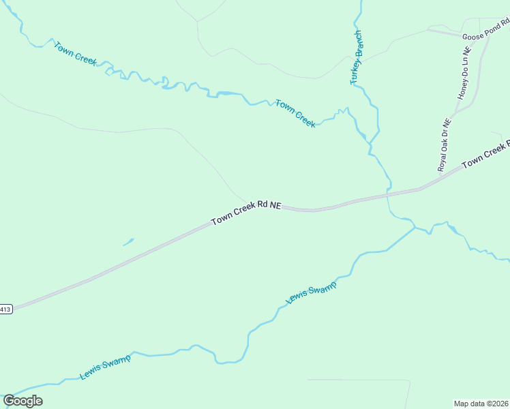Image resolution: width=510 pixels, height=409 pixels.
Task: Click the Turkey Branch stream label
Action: pyautogui.click(x=356, y=57)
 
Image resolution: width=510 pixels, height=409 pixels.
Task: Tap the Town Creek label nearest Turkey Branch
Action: pyautogui.click(x=295, y=113)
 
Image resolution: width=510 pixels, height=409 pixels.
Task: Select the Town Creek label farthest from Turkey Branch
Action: pyautogui.click(x=76, y=54)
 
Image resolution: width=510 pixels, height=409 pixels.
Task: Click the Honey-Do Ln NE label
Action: pyautogui.click(x=465, y=73)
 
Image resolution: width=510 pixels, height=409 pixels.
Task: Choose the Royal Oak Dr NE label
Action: pyautogui.click(x=445, y=145)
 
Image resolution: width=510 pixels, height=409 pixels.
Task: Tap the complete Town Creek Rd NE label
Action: pyautogui.click(x=245, y=213)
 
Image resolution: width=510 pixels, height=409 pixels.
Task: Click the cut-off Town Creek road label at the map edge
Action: pyautogui.click(x=485, y=155)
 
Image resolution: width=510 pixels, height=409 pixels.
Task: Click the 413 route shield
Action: pyautogui.click(x=5, y=309)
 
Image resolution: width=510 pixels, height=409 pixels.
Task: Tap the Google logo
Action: pyautogui.click(x=22, y=401)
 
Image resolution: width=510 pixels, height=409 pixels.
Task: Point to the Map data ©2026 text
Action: pyautogui.click(x=481, y=403)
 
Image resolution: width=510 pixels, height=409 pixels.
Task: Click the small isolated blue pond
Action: pyautogui.click(x=128, y=241)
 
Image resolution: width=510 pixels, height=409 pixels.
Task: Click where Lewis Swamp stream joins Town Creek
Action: pyautogui.click(x=415, y=226)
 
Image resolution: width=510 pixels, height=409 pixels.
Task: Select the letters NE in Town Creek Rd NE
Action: pyautogui.click(x=275, y=204)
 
